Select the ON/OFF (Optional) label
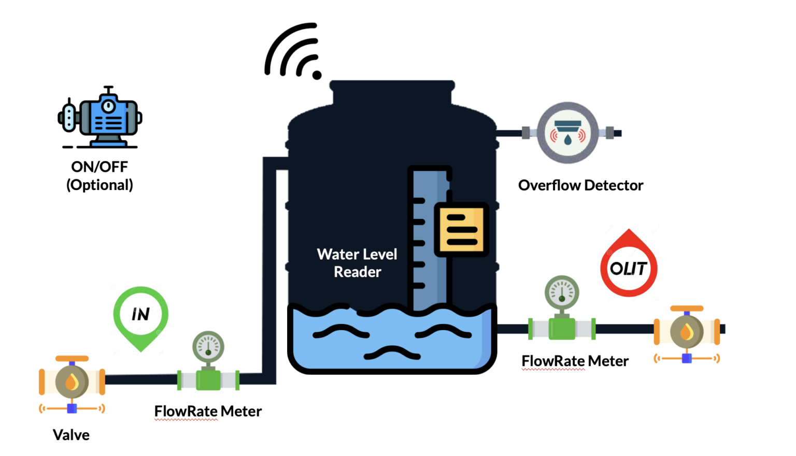coord(99,176)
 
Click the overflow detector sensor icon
coord(567,133)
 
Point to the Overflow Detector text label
coord(580,185)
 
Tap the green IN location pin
coord(140,315)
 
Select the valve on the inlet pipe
coord(72,382)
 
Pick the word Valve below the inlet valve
coord(71,435)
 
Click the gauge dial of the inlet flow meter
coord(208,346)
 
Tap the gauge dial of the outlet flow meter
coord(562,292)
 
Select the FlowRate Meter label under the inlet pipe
coord(208,411)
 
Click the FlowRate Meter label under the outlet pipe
coord(575,361)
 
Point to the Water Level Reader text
coord(357,263)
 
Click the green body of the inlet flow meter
coord(208,379)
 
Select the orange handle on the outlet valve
coord(687,308)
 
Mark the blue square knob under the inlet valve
coord(72,408)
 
